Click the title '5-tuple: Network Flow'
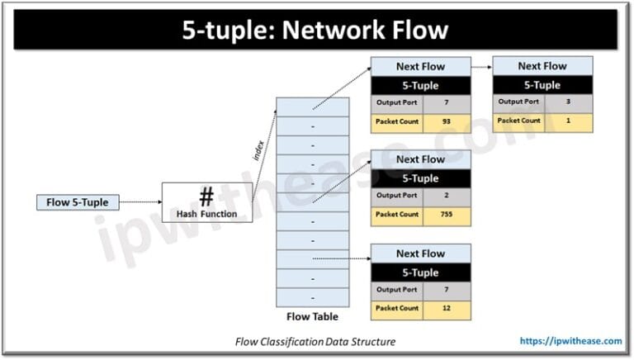tap(316, 30)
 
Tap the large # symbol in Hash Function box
tap(206, 197)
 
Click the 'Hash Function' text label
tap(206, 214)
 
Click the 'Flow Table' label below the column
tap(311, 316)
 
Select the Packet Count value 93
tap(445, 122)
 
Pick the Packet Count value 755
tap(445, 215)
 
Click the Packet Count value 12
tap(445, 308)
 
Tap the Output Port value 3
tap(567, 102)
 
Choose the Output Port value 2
tap(445, 197)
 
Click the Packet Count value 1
tap(567, 121)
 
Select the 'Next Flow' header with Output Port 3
tap(542, 66)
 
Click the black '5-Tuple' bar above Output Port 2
tap(420, 178)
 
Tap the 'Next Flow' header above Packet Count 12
tap(420, 253)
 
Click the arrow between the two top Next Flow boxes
tap(481, 66)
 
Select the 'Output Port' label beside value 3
tap(518, 102)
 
